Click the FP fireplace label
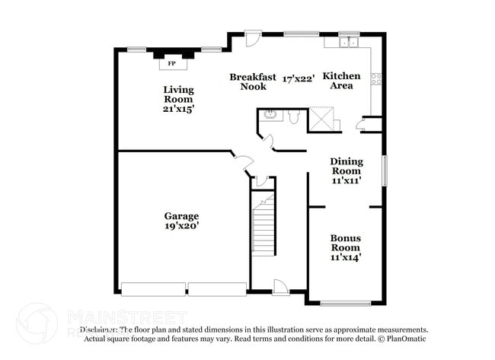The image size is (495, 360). click(x=171, y=63)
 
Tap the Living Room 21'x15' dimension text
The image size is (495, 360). click(x=178, y=109)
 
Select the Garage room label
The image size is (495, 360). click(x=181, y=215)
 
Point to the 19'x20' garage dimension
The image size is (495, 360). click(x=181, y=226)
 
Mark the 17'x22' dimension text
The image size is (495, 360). click(x=299, y=78)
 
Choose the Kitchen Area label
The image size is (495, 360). click(x=340, y=81)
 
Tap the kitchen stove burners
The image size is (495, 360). click(x=375, y=78)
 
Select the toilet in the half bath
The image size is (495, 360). click(x=293, y=115)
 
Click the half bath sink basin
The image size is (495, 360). click(x=270, y=116)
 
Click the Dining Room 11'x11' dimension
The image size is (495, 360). click(x=346, y=181)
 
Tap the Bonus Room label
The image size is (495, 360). click(x=345, y=243)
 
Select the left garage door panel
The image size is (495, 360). click(x=153, y=289)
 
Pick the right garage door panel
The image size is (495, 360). click(x=217, y=289)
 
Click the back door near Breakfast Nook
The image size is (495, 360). click(x=253, y=37)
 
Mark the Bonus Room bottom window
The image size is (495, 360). click(x=345, y=303)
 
